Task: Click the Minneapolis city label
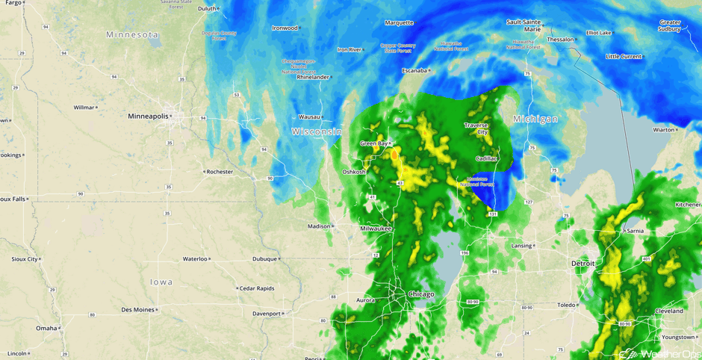tap(148, 117)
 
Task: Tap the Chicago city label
tap(421, 294)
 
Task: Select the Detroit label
tap(583, 264)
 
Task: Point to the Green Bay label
tap(373, 143)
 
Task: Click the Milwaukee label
tap(376, 229)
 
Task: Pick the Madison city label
tap(319, 226)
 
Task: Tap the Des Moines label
tap(138, 309)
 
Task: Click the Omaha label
tap(46, 328)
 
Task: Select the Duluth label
tap(207, 9)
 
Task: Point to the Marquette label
tap(399, 23)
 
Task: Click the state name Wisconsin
tap(317, 131)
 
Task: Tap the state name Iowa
tap(161, 282)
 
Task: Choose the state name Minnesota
tap(132, 35)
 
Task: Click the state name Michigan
tap(535, 120)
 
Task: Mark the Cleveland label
tap(668, 311)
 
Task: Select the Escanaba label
tap(414, 71)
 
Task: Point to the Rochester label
tap(220, 172)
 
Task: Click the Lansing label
tap(521, 246)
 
